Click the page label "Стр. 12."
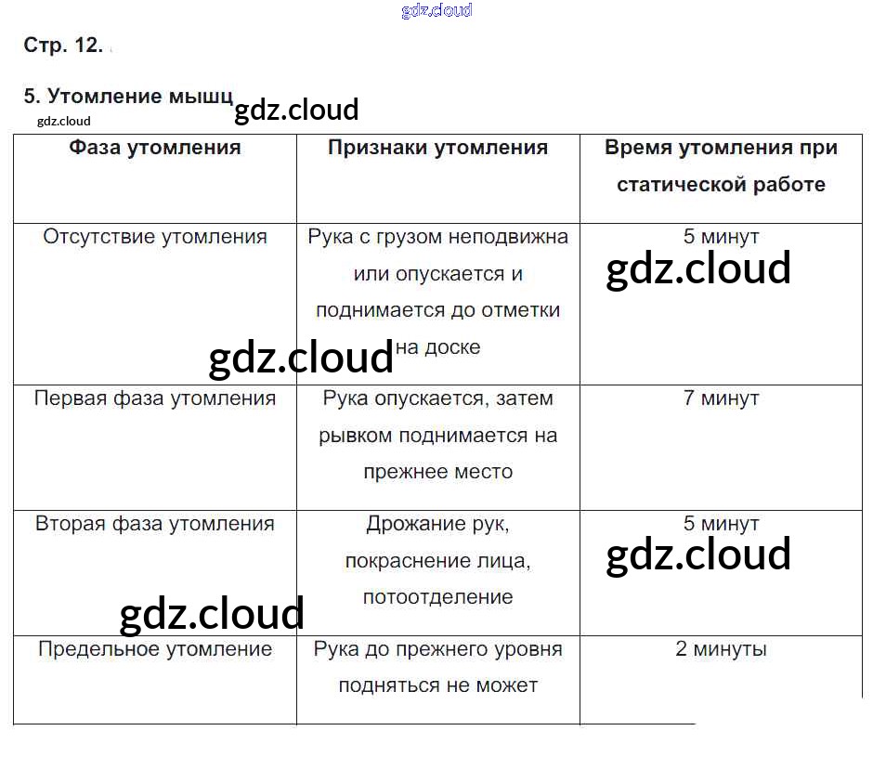(62, 46)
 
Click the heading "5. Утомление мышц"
(128, 97)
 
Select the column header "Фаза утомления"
(155, 148)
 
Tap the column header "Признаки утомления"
(437, 148)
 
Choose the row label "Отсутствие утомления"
(155, 237)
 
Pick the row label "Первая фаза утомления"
(155, 398)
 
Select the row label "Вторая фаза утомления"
(155, 524)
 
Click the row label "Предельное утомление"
(155, 649)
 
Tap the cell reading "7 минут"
(721, 398)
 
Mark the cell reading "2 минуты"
(721, 649)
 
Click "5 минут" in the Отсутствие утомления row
(721, 237)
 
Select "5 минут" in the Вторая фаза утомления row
(721, 524)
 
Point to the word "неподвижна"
(507, 237)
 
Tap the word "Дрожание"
(410, 524)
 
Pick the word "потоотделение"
(437, 597)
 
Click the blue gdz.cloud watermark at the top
(436, 11)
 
